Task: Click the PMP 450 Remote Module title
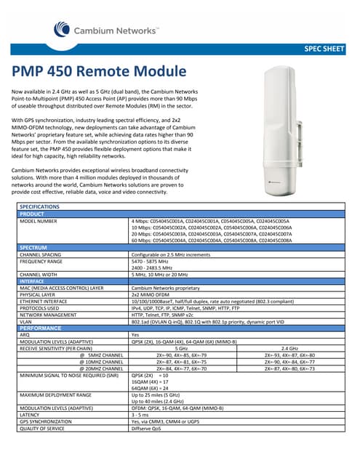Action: (x=100, y=73)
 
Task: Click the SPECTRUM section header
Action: (x=34, y=248)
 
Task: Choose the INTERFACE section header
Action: (x=32, y=280)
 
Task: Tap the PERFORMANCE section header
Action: (x=40, y=328)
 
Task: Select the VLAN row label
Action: (x=26, y=320)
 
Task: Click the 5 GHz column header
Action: (x=182, y=347)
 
